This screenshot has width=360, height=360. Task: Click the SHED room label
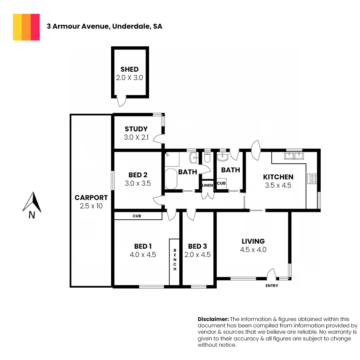coord(130,70)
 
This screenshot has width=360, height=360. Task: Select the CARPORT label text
coord(91,197)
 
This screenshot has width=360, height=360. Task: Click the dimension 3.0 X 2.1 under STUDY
coord(136,137)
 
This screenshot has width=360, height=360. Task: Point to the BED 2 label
coord(138,175)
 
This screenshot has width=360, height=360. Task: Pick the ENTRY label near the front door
coord(272,286)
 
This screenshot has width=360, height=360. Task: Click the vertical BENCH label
coord(174,259)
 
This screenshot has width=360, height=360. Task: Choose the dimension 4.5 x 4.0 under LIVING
coord(253,250)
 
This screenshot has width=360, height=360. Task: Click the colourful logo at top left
coord(26,27)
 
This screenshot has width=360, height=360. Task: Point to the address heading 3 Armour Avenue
coord(104,27)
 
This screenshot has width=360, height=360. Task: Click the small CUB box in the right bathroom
coord(221,183)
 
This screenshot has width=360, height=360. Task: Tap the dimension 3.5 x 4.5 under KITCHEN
coord(278,185)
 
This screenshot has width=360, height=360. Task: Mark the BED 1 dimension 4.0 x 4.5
coord(143,255)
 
